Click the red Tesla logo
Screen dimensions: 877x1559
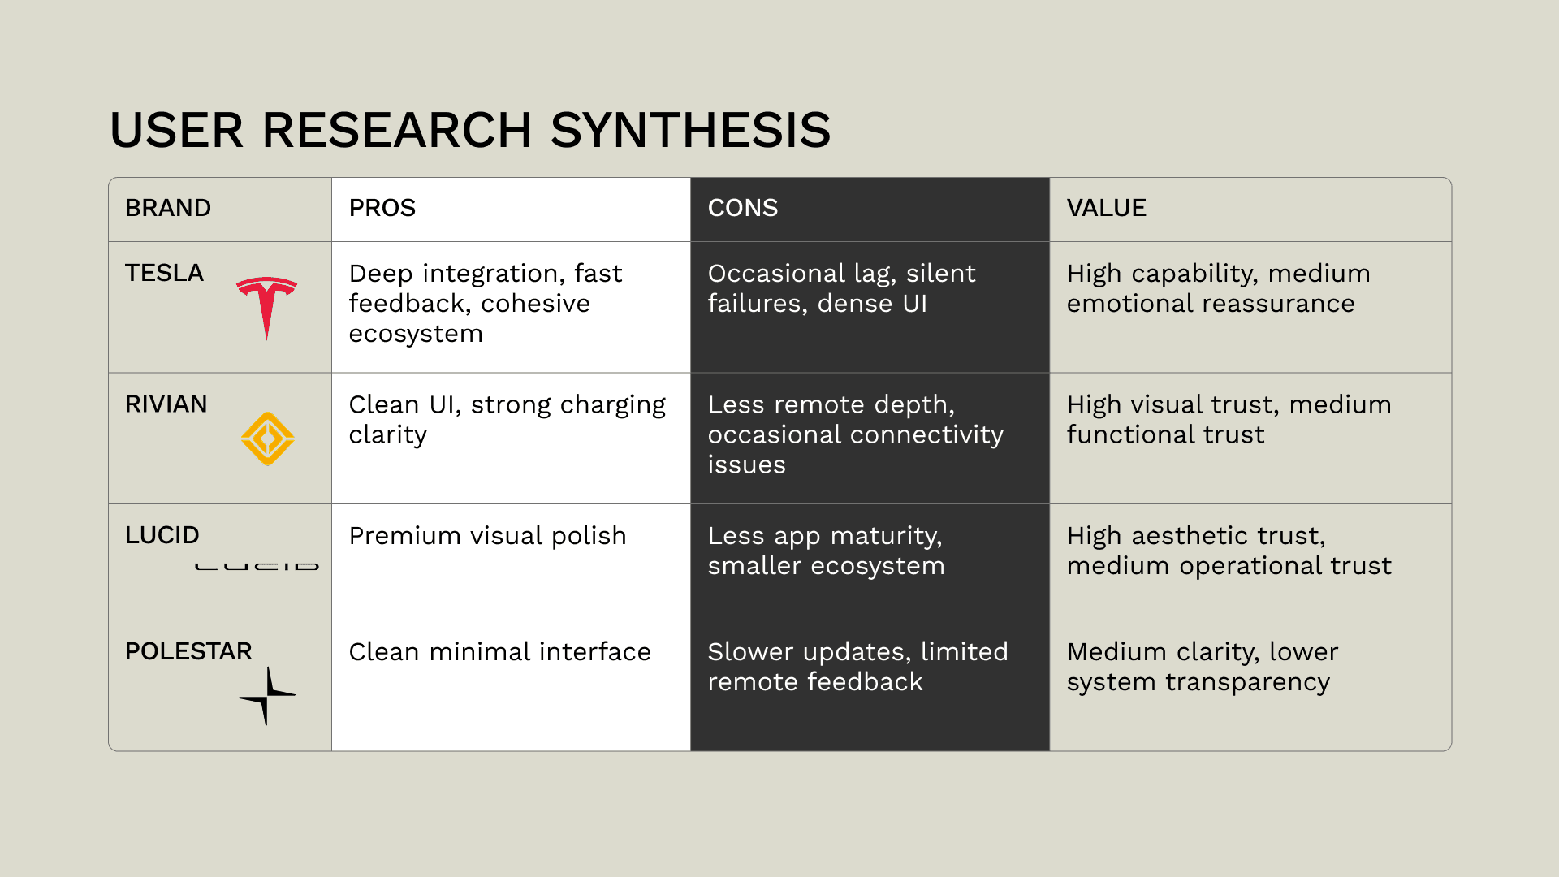pyautogui.click(x=266, y=305)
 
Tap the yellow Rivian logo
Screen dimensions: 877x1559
pyautogui.click(x=267, y=438)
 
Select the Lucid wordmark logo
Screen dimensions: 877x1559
pyautogui.click(x=257, y=566)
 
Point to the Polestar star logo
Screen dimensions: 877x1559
pyautogui.click(x=267, y=696)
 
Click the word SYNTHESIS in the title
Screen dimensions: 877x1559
pyautogui.click(x=690, y=130)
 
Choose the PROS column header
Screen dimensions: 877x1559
pyautogui.click(x=382, y=208)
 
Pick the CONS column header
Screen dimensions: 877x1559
pyautogui.click(x=742, y=208)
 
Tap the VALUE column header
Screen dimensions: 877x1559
pyautogui.click(x=1106, y=208)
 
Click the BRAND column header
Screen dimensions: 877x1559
pyautogui.click(x=168, y=208)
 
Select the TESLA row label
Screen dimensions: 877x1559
pyautogui.click(x=164, y=273)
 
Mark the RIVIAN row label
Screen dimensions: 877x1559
pyautogui.click(x=166, y=404)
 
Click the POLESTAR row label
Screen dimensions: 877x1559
pyautogui.click(x=188, y=651)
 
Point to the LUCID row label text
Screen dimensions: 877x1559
pyautogui.click(x=162, y=535)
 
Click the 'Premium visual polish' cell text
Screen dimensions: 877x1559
pyautogui.click(x=487, y=536)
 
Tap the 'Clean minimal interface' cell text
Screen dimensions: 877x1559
pyautogui.click(x=499, y=652)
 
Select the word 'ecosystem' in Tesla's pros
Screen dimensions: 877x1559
pyautogui.click(x=416, y=334)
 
